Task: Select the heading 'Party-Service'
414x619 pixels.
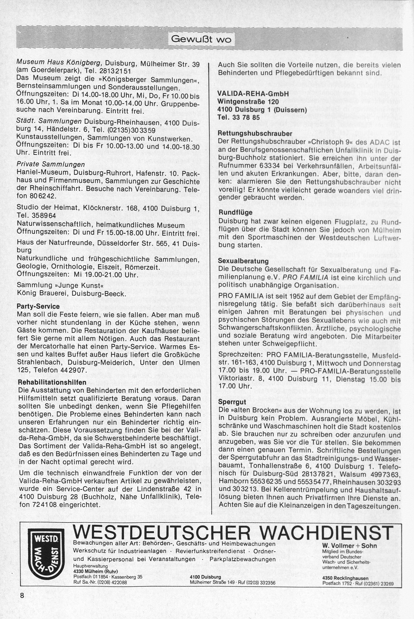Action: click(x=38, y=306)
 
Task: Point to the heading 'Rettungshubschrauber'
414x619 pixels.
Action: click(x=255, y=134)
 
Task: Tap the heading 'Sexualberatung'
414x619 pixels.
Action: click(x=243, y=261)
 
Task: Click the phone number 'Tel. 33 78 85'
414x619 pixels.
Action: click(x=239, y=118)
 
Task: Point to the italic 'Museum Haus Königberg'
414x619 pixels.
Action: click(x=59, y=63)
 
